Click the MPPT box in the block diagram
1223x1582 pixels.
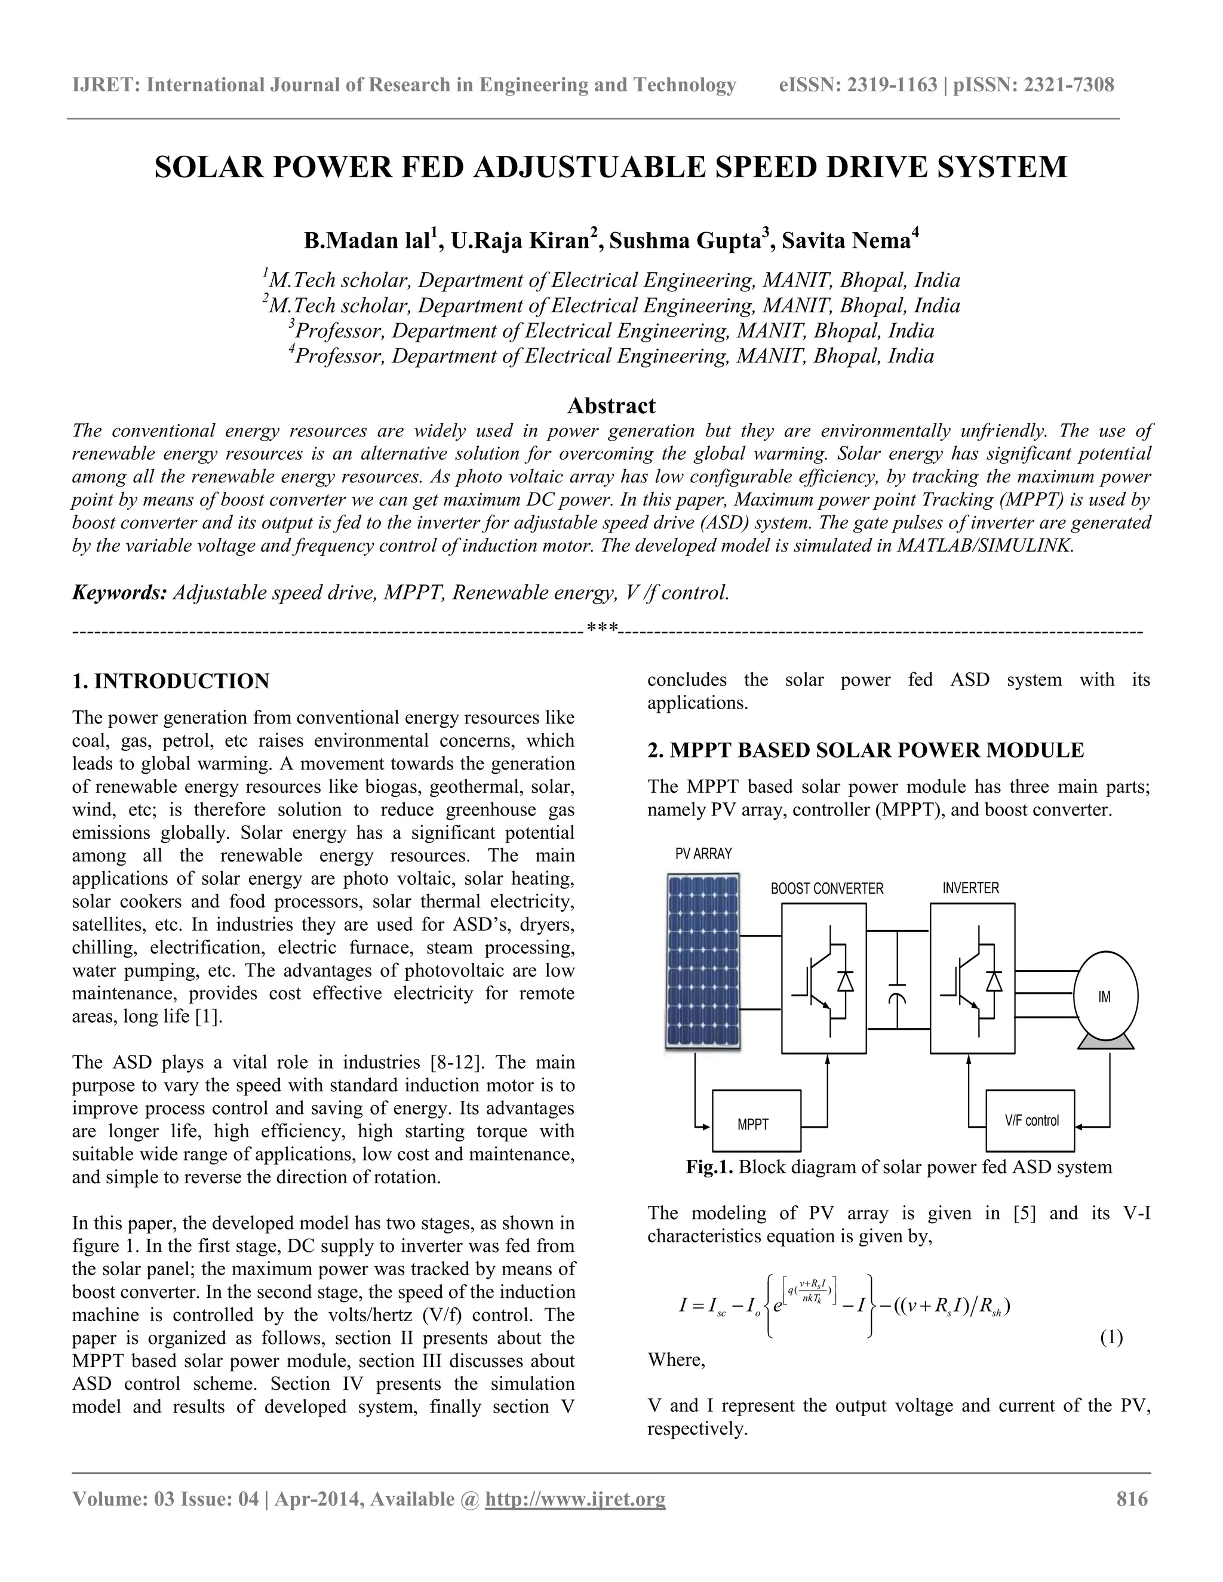point(757,1121)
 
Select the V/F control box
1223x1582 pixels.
point(1030,1121)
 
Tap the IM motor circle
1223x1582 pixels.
point(1104,997)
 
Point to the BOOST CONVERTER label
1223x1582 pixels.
point(826,889)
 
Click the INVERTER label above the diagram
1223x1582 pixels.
point(970,888)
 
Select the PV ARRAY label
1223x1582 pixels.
point(703,854)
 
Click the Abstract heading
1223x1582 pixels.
point(611,405)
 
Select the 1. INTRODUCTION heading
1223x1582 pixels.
point(171,681)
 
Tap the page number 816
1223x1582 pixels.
point(1132,1498)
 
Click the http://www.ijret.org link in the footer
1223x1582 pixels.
point(574,1498)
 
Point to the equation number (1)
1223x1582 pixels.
point(1111,1337)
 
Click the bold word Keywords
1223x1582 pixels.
point(119,593)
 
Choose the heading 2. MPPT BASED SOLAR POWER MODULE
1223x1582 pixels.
point(865,750)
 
